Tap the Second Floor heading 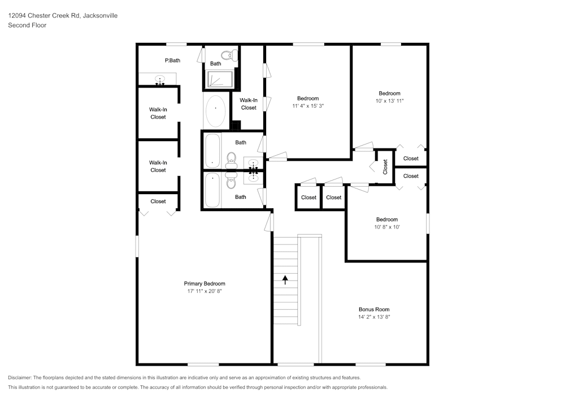pyautogui.click(x=27, y=25)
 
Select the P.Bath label pyautogui.click(x=172, y=60)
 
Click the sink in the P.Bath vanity pyautogui.click(x=160, y=80)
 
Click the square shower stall pyautogui.click(x=219, y=80)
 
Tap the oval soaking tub pyautogui.click(x=215, y=111)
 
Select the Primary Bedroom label pyautogui.click(x=204, y=284)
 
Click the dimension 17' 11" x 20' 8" pyautogui.click(x=204, y=292)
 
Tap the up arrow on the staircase pyautogui.click(x=285, y=279)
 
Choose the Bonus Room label pyautogui.click(x=374, y=309)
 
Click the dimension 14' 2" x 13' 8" pyautogui.click(x=374, y=317)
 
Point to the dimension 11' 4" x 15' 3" pyautogui.click(x=308, y=106)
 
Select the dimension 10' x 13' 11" pyautogui.click(x=389, y=101)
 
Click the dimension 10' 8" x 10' pyautogui.click(x=388, y=227)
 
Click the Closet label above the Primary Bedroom pyautogui.click(x=158, y=201)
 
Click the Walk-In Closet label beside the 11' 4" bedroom pyautogui.click(x=249, y=104)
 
